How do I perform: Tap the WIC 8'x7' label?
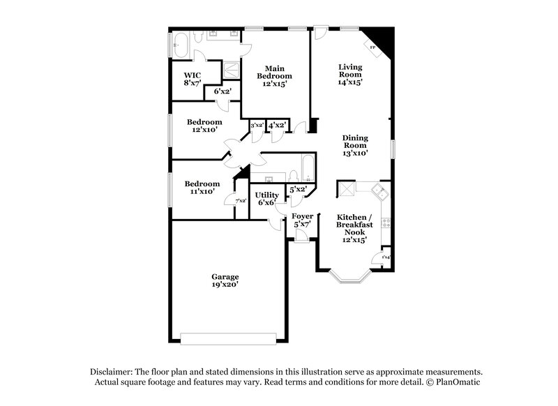click(x=192, y=78)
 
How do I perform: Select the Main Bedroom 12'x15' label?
click(x=274, y=75)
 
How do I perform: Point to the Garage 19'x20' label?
click(x=225, y=280)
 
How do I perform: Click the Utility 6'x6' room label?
click(x=266, y=198)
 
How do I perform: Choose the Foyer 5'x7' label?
click(x=303, y=220)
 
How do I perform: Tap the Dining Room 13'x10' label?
click(x=355, y=145)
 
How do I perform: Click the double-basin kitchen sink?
click(x=377, y=190)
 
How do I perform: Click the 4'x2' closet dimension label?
click(x=277, y=126)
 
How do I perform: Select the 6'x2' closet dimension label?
click(x=223, y=91)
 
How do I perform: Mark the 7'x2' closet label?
click(x=241, y=201)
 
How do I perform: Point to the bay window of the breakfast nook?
click(x=352, y=278)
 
